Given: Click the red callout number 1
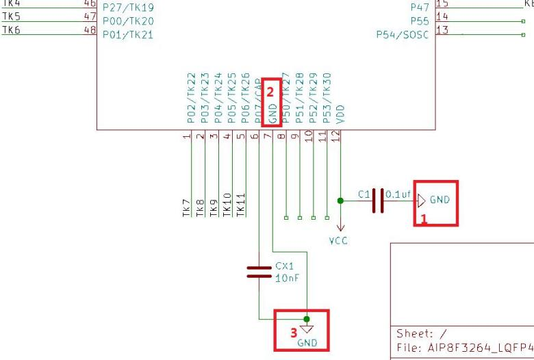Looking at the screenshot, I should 423,219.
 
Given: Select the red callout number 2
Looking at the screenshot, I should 270,90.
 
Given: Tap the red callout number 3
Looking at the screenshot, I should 294,333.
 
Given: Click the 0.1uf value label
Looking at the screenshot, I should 398,194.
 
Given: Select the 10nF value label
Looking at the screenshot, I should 287,279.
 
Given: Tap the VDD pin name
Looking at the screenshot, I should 341,114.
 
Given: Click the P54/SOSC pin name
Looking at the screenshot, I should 403,34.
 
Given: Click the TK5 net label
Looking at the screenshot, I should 12,16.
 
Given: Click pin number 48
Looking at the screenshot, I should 89,29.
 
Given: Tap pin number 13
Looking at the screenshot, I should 442,29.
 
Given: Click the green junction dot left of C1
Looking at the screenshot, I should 341,201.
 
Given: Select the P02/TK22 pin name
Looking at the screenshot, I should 190,99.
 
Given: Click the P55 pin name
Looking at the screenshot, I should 420,21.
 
